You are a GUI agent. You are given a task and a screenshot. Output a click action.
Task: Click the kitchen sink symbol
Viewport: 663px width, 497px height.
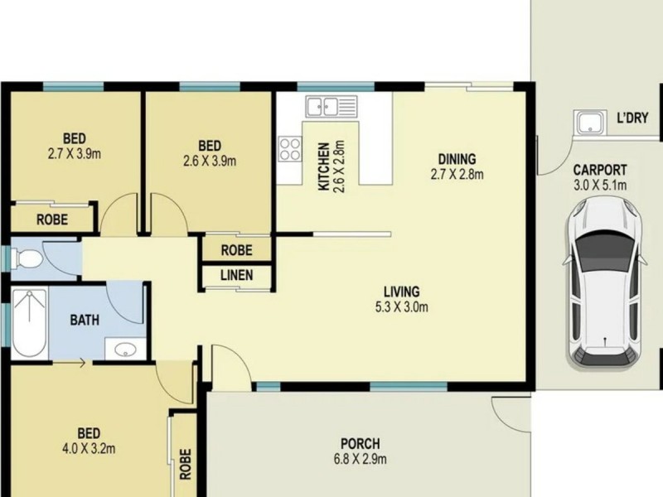click(x=332, y=106)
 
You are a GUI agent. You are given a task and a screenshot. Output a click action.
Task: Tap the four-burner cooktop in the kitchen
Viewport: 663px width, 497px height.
click(x=290, y=149)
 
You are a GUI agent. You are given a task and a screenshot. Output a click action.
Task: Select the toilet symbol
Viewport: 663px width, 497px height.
click(x=27, y=258)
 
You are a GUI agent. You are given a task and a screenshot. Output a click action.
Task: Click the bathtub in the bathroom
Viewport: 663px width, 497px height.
click(x=29, y=322)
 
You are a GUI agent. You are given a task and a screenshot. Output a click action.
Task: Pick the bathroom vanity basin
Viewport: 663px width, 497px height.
click(x=125, y=349)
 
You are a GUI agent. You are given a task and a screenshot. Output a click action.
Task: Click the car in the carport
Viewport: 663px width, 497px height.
click(x=605, y=283)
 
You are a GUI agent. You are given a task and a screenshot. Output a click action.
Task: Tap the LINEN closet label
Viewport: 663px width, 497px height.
click(x=237, y=276)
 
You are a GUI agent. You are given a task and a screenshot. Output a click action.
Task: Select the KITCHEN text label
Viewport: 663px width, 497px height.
click(x=323, y=166)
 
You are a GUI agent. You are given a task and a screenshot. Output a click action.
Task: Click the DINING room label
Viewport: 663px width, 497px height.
click(x=457, y=159)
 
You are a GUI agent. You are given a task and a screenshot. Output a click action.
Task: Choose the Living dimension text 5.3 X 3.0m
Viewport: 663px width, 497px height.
click(x=401, y=307)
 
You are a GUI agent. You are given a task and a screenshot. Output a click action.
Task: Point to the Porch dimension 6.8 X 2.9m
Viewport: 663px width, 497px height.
click(x=361, y=459)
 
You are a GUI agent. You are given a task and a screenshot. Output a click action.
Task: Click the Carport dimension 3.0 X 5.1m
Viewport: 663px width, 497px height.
click(x=599, y=185)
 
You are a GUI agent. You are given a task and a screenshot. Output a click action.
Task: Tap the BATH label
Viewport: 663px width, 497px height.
click(x=85, y=320)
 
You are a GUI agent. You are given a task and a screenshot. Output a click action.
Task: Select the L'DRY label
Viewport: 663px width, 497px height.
click(x=632, y=118)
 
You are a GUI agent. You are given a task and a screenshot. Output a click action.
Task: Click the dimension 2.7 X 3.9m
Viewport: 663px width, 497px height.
click(x=75, y=154)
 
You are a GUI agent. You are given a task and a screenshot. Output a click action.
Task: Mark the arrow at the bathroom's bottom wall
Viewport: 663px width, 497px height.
click(x=70, y=363)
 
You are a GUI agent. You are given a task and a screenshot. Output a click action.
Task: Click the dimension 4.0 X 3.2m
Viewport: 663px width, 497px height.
click(x=89, y=448)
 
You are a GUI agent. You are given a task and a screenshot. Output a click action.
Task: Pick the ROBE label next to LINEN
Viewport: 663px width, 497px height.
click(x=237, y=251)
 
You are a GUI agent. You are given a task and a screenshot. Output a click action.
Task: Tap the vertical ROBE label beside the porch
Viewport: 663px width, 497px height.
click(x=185, y=464)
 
